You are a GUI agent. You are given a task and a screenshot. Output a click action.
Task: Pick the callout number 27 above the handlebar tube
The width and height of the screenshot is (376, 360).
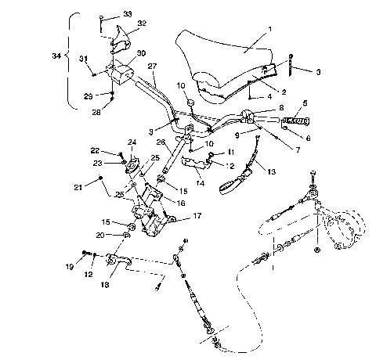153,67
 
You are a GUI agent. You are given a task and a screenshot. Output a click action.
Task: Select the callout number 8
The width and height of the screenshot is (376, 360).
280,108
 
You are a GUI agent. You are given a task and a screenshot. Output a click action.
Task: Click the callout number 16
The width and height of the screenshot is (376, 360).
181,202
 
